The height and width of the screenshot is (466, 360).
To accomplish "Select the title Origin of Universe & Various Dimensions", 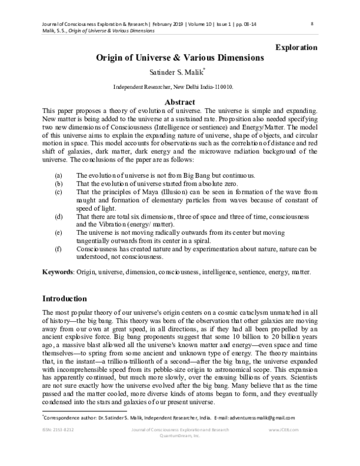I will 180,58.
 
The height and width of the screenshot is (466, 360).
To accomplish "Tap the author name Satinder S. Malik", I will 179,73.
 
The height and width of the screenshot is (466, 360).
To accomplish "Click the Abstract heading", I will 180,102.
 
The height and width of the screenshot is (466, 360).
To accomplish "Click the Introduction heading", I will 65,298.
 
